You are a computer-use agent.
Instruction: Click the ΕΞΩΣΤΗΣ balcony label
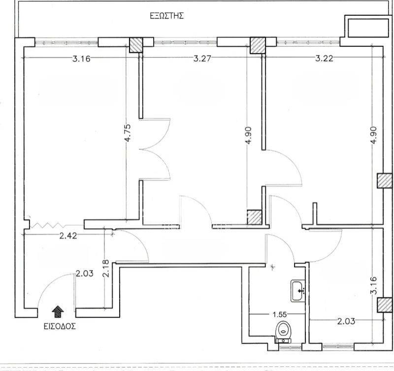[167, 16]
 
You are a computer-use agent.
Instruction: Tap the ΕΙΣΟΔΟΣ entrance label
[60, 326]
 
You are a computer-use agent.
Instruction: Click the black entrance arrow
[58, 312]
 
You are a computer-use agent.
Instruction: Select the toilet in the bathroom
[284, 332]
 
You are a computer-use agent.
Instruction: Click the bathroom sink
[298, 291]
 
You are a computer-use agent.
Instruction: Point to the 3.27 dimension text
[202, 59]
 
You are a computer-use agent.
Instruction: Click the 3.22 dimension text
[324, 59]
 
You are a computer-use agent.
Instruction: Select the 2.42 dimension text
[68, 236]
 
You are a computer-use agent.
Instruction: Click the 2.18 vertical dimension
[106, 268]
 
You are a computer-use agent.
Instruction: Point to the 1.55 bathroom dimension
[280, 314]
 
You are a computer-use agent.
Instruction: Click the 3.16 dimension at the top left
[81, 59]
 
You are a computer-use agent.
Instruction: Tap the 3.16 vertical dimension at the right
[374, 285]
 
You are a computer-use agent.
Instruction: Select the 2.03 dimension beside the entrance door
[84, 273]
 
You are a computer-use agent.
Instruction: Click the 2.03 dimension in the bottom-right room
[346, 321]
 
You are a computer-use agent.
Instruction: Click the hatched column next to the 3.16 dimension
[136, 45]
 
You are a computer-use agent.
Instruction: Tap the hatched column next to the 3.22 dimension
[258, 45]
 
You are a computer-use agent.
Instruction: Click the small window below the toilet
[290, 347]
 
